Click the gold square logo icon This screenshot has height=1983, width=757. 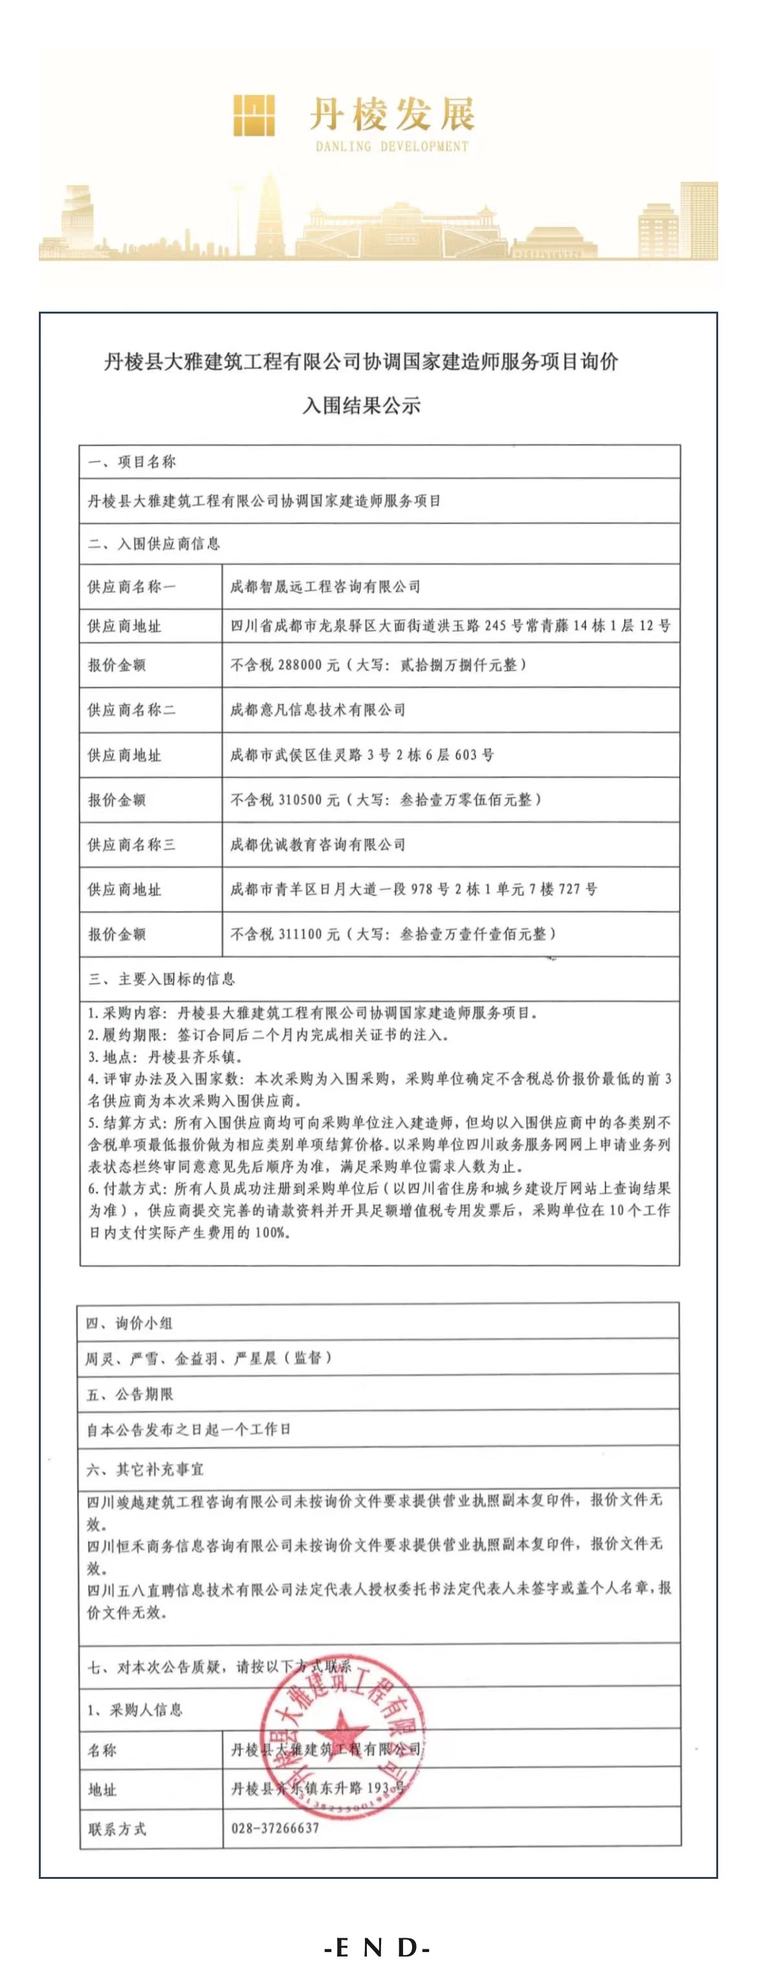[254, 116]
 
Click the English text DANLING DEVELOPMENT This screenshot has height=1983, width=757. [391, 146]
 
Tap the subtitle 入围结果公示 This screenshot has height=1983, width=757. [361, 405]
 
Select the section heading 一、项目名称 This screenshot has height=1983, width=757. [132, 462]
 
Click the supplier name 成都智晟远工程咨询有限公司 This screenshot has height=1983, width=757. [325, 586]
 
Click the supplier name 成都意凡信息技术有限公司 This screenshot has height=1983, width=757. [317, 710]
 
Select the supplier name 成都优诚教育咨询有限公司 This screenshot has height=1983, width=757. [317, 844]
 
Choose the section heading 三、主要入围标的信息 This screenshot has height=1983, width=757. [162, 979]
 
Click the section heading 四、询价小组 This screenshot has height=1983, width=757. [129, 1324]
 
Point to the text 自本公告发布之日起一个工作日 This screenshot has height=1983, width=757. [189, 1430]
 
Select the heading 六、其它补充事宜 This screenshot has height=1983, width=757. [146, 1470]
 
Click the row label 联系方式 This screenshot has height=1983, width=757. [117, 1829]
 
